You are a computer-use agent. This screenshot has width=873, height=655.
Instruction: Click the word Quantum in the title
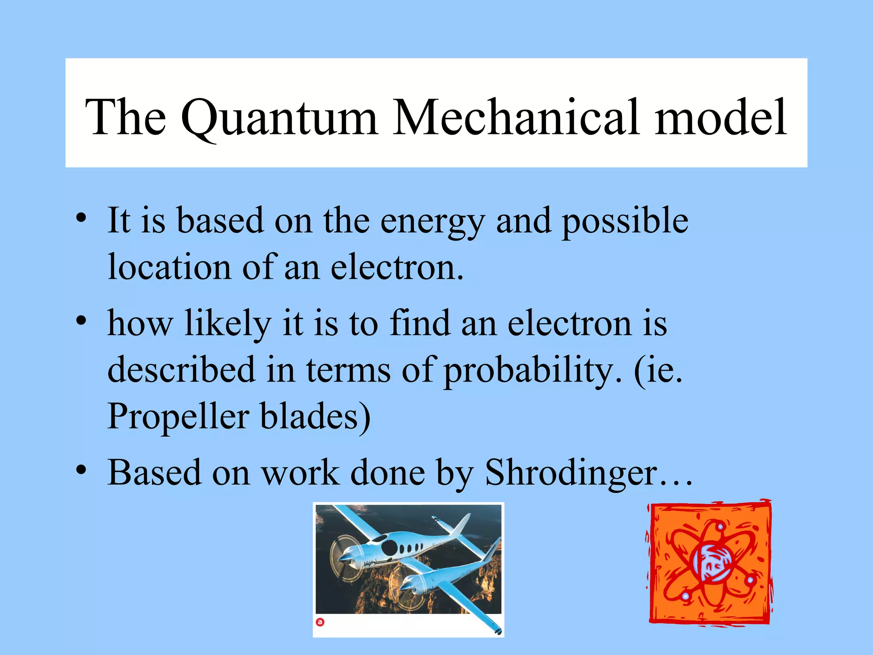279,118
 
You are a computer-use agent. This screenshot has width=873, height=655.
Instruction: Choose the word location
169,267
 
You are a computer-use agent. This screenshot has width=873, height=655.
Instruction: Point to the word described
181,369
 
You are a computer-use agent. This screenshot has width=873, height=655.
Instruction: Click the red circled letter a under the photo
320,622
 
